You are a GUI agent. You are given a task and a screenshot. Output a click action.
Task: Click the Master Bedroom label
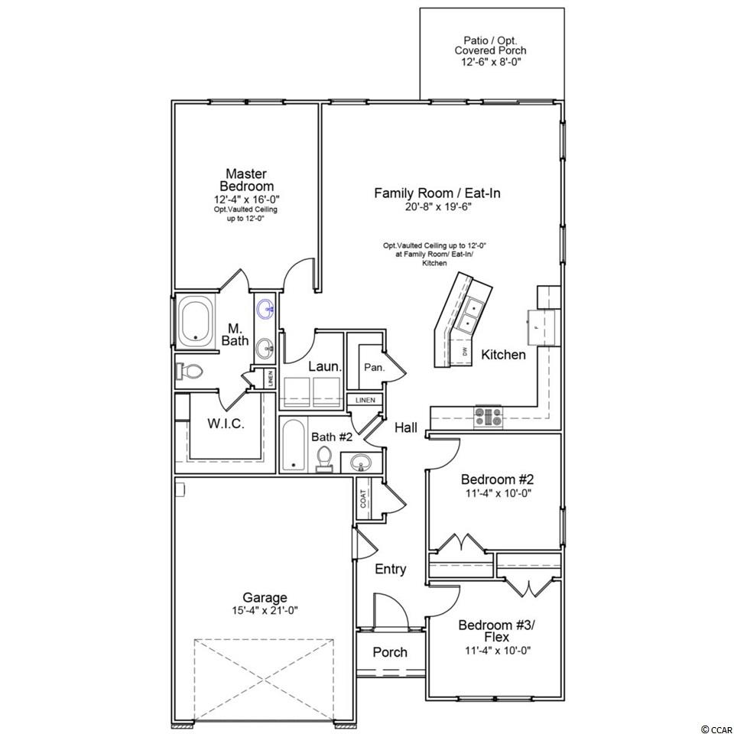246,180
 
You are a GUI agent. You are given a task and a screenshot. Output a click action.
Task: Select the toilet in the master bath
190,372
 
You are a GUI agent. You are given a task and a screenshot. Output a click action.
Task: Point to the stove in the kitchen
489,417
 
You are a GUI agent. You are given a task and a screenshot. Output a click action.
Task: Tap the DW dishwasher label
464,352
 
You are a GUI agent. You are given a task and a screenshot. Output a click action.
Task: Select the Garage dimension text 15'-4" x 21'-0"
265,610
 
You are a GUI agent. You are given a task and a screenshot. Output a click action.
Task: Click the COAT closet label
363,498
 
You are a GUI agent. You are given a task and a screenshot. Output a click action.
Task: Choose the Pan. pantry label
374,368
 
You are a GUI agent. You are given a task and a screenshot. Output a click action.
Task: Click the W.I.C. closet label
226,424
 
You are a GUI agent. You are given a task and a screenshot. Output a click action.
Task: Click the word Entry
391,569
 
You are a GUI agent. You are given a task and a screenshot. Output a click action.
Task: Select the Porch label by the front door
390,652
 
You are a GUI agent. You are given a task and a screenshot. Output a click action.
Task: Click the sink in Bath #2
360,463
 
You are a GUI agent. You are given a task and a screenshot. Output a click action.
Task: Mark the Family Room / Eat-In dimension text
437,207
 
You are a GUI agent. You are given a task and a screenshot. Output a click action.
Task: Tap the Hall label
406,427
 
